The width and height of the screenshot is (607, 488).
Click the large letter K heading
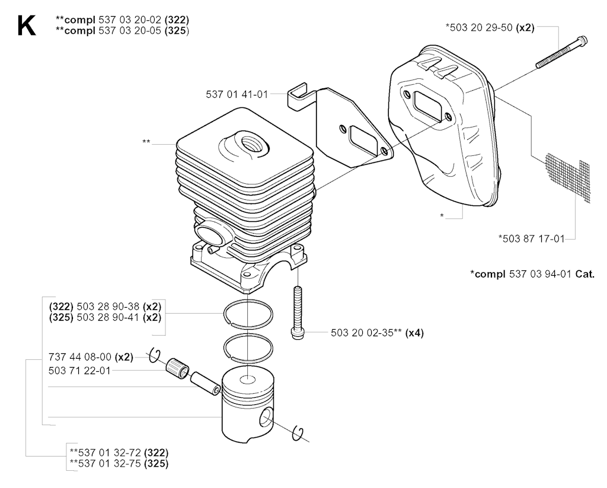(26, 25)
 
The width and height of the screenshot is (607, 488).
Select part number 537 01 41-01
(237, 94)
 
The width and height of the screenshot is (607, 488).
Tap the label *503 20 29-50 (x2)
(490, 27)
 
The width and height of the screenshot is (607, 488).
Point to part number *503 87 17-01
(532, 238)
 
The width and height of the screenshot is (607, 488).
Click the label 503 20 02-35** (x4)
(377, 333)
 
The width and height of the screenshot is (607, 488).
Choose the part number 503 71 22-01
(79, 371)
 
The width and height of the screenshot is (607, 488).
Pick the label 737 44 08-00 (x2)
(91, 357)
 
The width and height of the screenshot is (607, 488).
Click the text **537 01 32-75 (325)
(119, 464)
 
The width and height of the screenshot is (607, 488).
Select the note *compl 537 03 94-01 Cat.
(532, 274)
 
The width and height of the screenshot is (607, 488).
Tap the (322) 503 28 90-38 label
(94, 307)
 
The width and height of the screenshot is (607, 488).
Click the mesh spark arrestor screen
(568, 177)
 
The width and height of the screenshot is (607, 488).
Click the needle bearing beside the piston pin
(177, 368)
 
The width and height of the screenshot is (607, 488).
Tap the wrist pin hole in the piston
(266, 418)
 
